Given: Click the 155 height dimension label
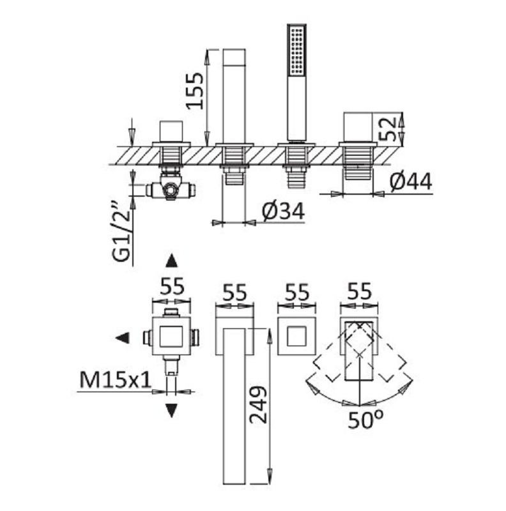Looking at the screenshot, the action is coord(195,91).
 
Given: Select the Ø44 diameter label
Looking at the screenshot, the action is coord(411,181).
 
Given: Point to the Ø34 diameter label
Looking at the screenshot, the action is coord(283,211).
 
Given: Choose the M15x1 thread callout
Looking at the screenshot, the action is coord(116,379).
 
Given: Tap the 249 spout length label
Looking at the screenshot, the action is coord(258,405).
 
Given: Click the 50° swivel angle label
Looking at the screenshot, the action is coord(365,420).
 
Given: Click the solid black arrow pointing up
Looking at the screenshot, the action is coord(171,261).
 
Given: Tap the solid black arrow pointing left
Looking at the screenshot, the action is coord(123,338).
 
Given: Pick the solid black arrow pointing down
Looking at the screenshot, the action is coord(171,411).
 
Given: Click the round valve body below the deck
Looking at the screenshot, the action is coord(171,190).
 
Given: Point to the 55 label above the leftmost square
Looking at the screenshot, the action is coord(172,287).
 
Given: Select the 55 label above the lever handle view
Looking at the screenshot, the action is coord(359,291).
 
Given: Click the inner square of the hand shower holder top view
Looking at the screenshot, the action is coord(296,337).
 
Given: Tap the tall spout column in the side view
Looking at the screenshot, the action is coord(234,96).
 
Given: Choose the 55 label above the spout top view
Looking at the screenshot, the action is coord(234,293).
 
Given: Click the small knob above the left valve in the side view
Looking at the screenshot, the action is coord(171,132).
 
